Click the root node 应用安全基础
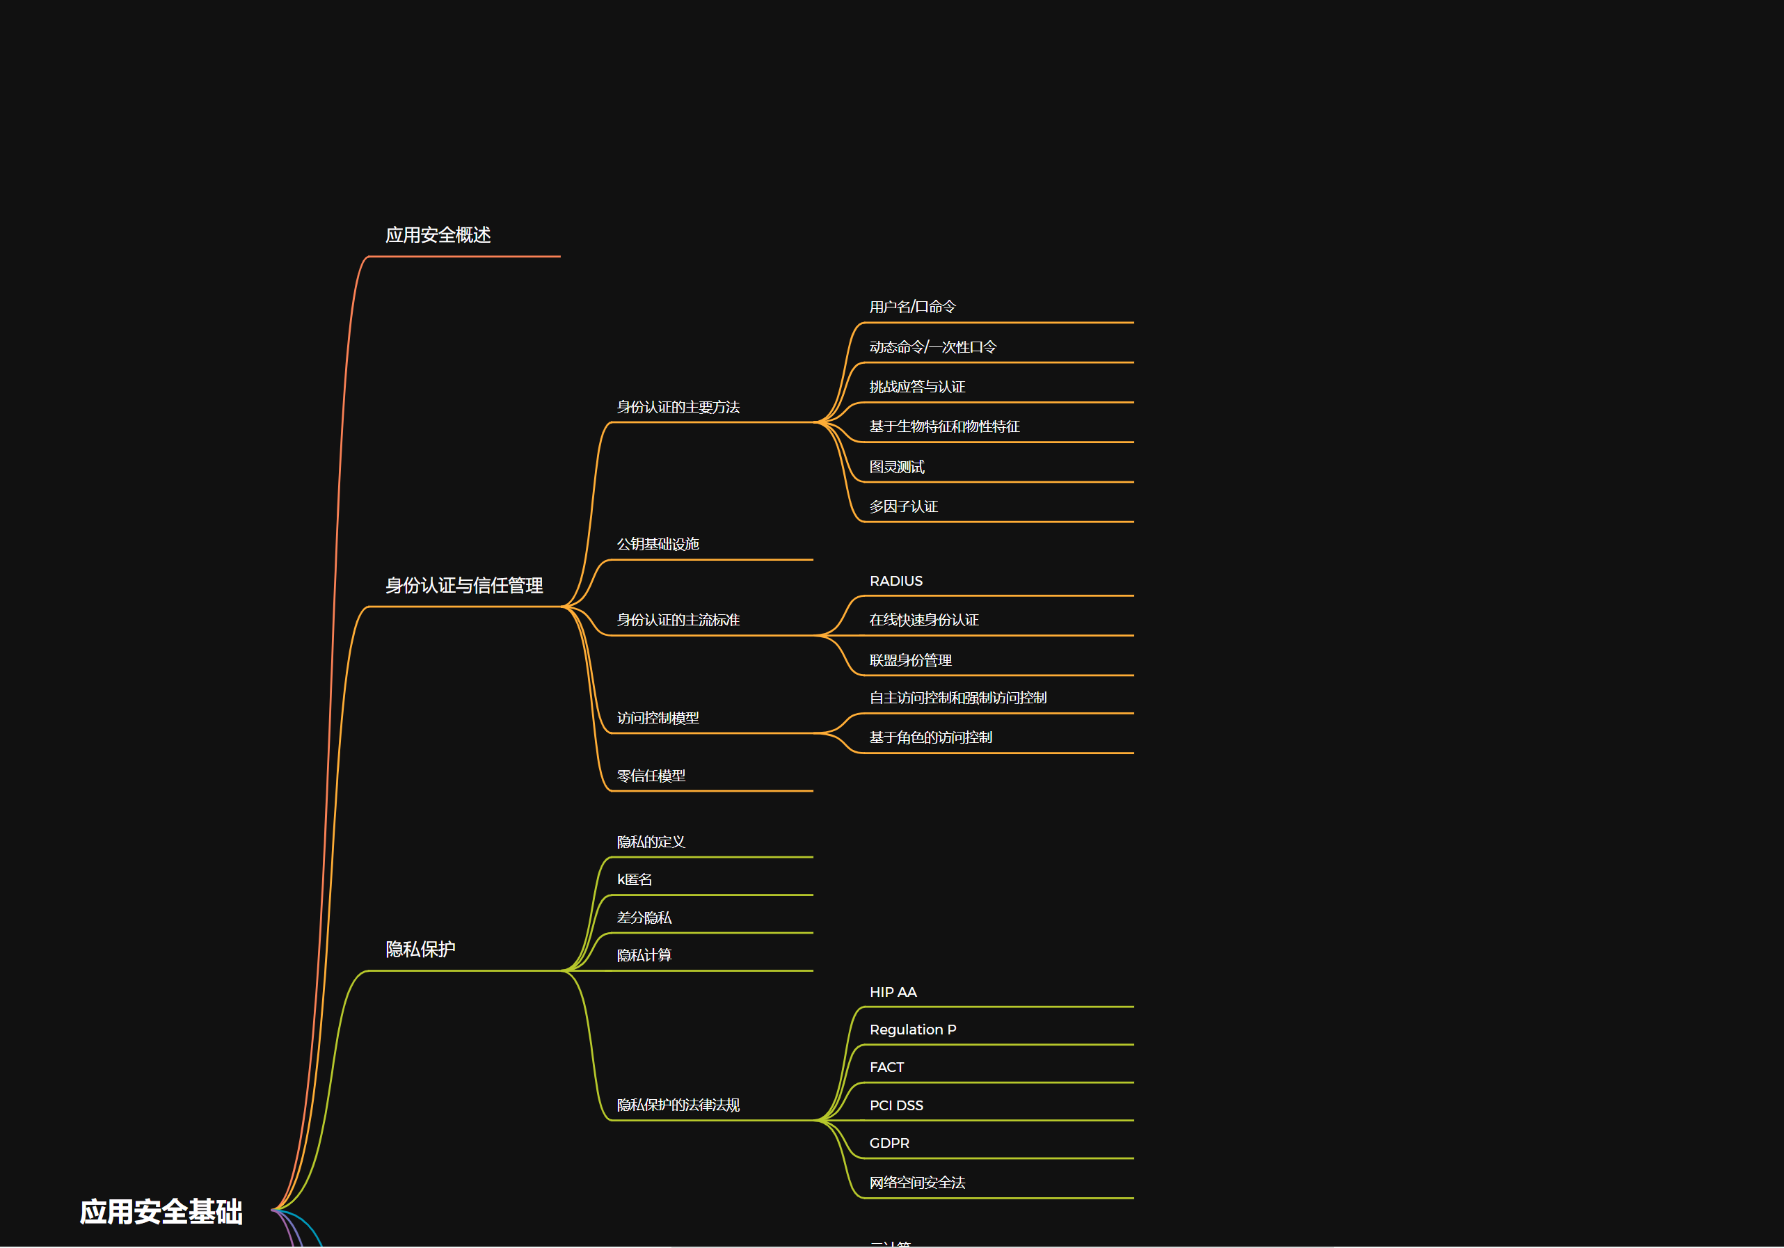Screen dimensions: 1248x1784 tap(161, 1211)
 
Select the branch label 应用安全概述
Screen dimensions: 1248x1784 tap(438, 235)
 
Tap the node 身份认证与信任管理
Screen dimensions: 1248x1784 tap(464, 586)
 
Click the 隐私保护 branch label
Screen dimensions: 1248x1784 tap(420, 950)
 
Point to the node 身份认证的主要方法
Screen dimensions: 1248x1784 tap(678, 407)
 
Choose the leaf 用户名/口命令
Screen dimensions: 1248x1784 tap(912, 307)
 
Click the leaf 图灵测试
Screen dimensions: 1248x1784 tap(897, 467)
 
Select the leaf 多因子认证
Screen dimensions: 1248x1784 tap(903, 506)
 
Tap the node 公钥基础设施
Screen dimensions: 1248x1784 tap(658, 544)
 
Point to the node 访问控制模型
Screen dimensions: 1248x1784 tap(658, 718)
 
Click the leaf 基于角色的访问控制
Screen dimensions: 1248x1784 tap(930, 737)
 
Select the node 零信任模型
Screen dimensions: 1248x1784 tap(651, 776)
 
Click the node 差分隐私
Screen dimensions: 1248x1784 tap(644, 918)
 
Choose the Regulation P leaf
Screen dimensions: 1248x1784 tap(912, 1030)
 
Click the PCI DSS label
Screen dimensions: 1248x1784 tap(896, 1105)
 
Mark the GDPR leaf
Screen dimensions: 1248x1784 tap(889, 1143)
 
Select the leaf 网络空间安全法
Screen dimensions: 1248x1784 tap(917, 1183)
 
